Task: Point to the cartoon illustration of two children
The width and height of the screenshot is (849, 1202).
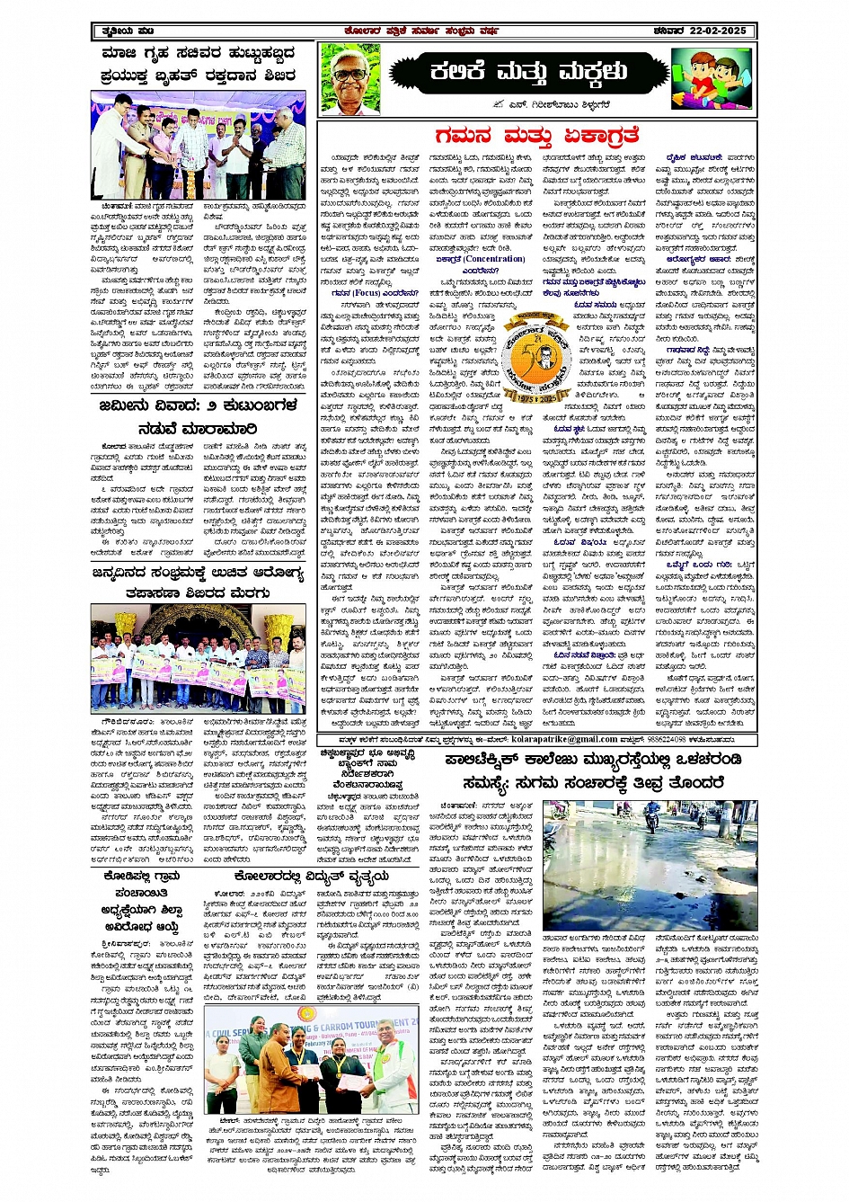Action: (x=712, y=77)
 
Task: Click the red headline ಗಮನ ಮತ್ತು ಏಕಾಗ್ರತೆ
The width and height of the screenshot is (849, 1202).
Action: (x=536, y=135)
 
